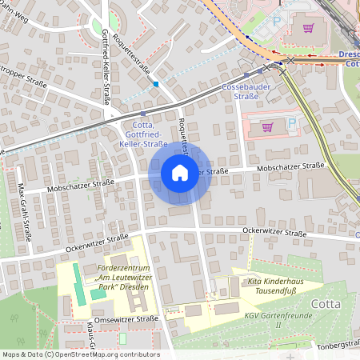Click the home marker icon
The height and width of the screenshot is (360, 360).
(180, 172)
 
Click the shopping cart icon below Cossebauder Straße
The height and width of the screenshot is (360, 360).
(267, 126)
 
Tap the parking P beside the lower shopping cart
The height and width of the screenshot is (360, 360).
(292, 124)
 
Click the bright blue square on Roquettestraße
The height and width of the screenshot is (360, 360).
(156, 83)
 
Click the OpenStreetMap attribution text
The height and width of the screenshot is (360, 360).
(80, 354)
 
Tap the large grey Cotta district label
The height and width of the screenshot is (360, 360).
(326, 303)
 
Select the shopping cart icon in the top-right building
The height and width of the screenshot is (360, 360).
(309, 28)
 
